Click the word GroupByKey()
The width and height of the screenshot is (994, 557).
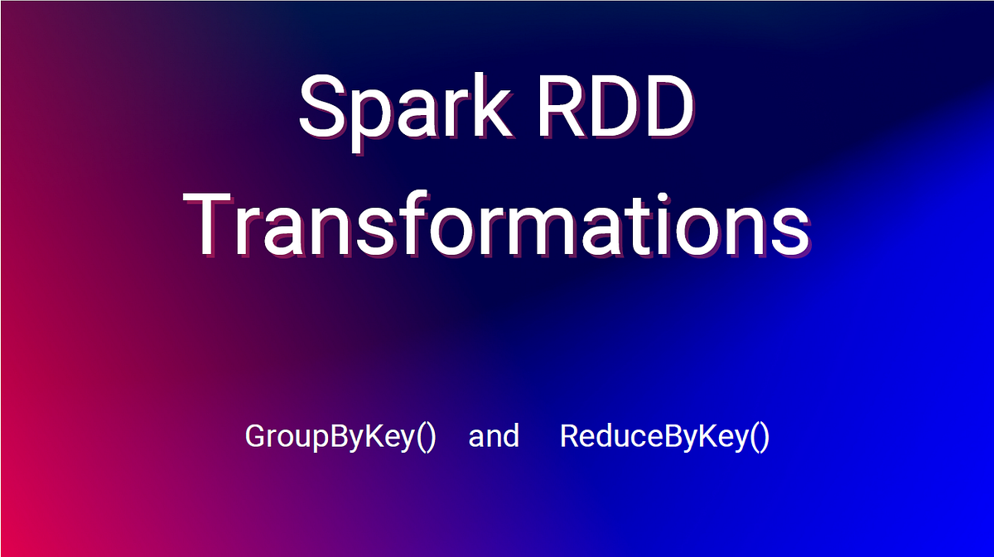click(x=340, y=436)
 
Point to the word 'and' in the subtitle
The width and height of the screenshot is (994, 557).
click(x=494, y=436)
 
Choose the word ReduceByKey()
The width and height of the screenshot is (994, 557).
click(x=665, y=436)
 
